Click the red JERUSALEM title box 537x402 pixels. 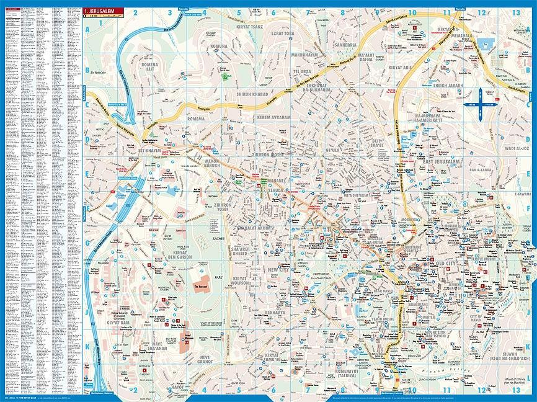[103, 11]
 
